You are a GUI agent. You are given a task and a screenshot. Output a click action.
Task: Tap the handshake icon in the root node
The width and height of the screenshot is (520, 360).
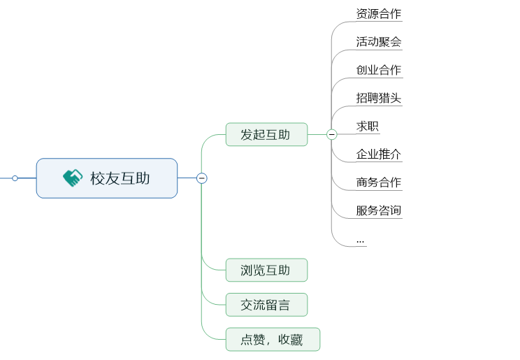72,178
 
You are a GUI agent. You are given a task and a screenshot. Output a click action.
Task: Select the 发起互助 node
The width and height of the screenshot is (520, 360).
266,134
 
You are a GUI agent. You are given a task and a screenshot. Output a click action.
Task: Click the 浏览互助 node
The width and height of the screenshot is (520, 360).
266,270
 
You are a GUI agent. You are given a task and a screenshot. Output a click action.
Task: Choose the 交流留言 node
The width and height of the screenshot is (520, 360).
266,305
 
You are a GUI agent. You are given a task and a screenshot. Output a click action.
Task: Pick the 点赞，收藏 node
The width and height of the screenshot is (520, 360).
273,340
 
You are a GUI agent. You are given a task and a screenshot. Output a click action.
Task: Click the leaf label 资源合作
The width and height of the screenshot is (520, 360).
378,14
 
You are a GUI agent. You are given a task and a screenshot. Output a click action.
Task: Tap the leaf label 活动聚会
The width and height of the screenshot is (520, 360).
378,42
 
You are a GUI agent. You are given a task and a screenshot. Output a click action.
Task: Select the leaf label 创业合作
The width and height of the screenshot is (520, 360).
378,70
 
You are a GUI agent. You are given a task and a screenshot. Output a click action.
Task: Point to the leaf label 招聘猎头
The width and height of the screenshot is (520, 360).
378,98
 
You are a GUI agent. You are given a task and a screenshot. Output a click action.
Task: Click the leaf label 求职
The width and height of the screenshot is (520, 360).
368,126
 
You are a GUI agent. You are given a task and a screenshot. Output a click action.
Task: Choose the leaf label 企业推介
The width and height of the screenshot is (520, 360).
378,154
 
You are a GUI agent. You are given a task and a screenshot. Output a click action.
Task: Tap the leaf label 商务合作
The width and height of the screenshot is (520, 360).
378,182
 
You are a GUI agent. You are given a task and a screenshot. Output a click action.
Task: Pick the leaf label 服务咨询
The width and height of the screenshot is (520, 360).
378,210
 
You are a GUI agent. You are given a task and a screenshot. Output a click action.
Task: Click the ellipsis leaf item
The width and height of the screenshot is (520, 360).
360,240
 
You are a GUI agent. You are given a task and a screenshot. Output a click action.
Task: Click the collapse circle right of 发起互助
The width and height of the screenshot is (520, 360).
332,134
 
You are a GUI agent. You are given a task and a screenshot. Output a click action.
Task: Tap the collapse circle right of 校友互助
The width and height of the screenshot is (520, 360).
202,178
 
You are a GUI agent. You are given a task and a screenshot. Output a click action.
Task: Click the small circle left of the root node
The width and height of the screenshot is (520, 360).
15,178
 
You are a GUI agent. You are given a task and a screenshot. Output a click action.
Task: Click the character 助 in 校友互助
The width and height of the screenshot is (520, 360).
142,178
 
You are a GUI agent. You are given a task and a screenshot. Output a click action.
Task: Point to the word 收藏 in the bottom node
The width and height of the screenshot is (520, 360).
291,340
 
